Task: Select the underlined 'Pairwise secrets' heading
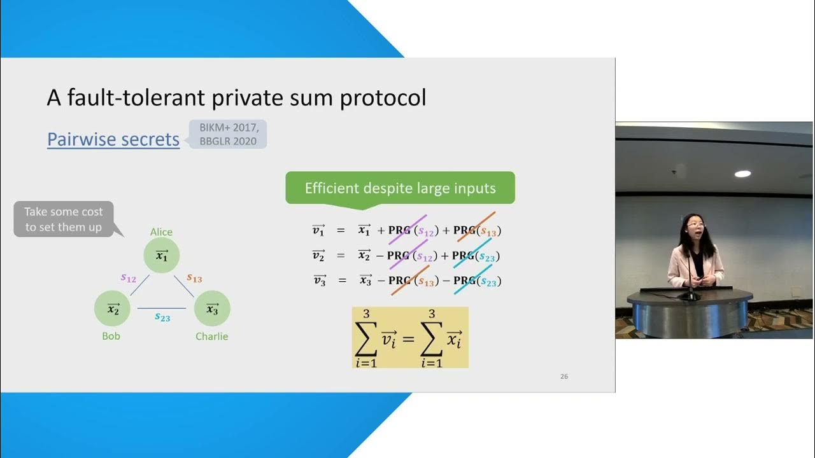tap(113, 139)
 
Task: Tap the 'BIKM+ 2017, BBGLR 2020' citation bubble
tap(228, 134)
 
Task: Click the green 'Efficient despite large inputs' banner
tap(400, 188)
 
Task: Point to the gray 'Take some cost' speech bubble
tap(64, 219)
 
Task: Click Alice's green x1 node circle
tap(162, 256)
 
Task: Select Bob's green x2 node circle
tap(113, 309)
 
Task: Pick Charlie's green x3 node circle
tap(212, 309)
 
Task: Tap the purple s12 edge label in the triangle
tap(129, 278)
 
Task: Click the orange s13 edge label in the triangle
tap(194, 278)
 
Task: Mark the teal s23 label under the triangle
tap(162, 317)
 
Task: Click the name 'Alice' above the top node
tap(162, 232)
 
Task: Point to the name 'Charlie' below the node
tap(212, 337)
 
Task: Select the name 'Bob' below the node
tap(111, 336)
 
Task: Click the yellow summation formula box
tap(410, 337)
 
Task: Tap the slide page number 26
tap(564, 377)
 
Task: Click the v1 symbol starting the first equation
tap(318, 230)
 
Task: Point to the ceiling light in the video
tap(742, 174)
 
